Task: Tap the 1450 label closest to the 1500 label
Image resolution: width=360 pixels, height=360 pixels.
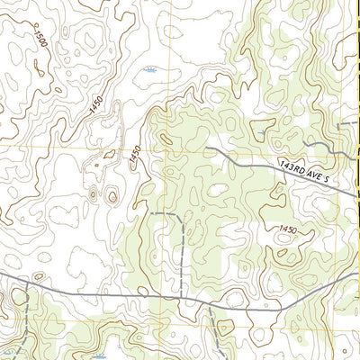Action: pyautogui.click(x=96, y=106)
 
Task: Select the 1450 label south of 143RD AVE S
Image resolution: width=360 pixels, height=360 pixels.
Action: pyautogui.click(x=288, y=230)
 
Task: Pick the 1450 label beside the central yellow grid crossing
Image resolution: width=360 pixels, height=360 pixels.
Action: pyautogui.click(x=134, y=155)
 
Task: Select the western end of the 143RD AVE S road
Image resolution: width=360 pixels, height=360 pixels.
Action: pyautogui.click(x=207, y=146)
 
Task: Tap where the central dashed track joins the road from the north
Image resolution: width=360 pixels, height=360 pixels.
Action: pyautogui.click(x=184, y=296)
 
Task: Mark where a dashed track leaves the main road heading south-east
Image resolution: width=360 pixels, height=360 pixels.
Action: pyautogui.click(x=209, y=301)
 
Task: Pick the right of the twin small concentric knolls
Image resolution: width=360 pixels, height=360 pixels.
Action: pyautogui.click(x=112, y=195)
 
